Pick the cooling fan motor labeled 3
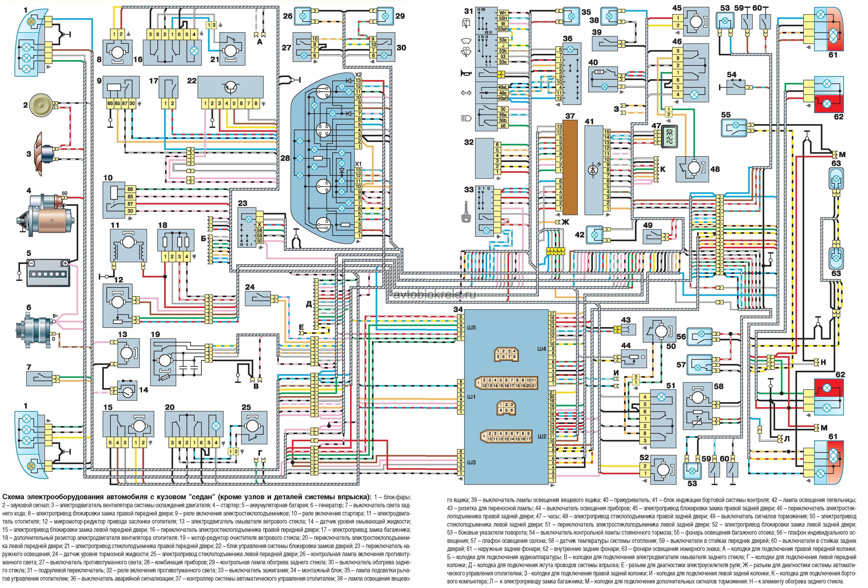click(42, 153)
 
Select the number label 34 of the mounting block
click(458, 310)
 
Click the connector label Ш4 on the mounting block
click(541, 349)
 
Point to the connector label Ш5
click(471, 327)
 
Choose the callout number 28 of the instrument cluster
click(285, 158)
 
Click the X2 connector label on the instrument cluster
click(359, 75)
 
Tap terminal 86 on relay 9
click(111, 103)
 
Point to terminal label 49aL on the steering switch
click(503, 87)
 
